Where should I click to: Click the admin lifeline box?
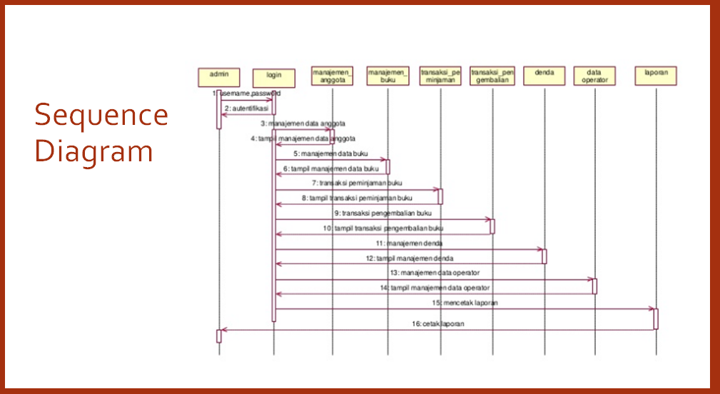219,75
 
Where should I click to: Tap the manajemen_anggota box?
333,76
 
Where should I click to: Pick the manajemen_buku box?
388,76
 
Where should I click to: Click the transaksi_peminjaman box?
440,76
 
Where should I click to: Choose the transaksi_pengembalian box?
492,76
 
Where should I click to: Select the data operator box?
594,76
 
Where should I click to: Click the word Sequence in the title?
101,115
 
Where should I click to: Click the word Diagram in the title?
94,151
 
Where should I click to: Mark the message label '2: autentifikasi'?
247,108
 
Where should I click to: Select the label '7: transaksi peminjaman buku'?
361,183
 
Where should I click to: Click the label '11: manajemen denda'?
410,243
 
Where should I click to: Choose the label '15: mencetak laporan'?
465,303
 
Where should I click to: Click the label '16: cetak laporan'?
438,324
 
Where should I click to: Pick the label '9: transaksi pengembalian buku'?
382,213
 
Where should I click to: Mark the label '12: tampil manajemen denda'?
410,258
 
